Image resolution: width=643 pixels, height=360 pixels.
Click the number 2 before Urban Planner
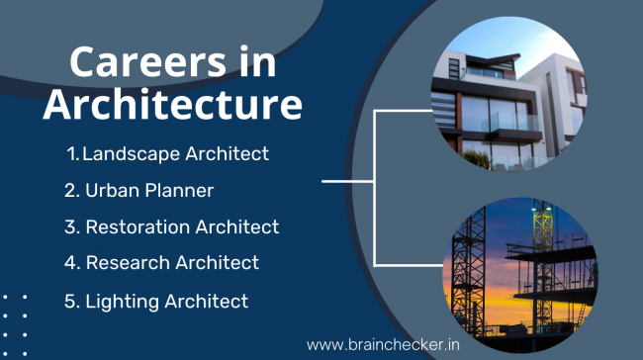tap(70, 190)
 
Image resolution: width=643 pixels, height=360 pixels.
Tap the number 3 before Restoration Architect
tap(70, 226)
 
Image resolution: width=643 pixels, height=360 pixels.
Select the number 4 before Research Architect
tap(70, 263)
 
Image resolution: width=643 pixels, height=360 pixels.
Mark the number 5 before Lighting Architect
tap(70, 301)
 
